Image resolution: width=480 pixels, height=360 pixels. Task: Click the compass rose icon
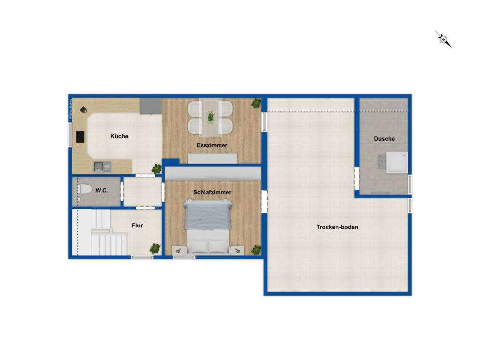pyautogui.click(x=443, y=39)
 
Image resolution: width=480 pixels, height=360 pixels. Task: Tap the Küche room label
pyautogui.click(x=119, y=136)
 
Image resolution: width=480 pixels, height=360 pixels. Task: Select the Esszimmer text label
pyautogui.click(x=212, y=145)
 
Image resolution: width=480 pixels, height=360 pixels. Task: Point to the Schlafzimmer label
pyautogui.click(x=212, y=192)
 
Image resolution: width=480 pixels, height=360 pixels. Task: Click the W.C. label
pyautogui.click(x=102, y=190)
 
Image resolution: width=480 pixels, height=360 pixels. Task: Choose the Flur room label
pyautogui.click(x=137, y=225)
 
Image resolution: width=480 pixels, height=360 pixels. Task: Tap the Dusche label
pyautogui.click(x=384, y=139)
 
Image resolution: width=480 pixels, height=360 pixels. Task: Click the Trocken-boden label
pyautogui.click(x=337, y=227)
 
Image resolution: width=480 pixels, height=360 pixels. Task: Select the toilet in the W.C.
pyautogui.click(x=84, y=189)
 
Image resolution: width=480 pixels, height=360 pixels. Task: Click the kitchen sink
pyautogui.click(x=102, y=166)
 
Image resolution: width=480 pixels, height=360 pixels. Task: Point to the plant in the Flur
pyautogui.click(x=155, y=248)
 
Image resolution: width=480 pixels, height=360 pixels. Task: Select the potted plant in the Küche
pyautogui.click(x=156, y=169)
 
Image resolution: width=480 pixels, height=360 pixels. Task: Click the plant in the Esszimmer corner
pyautogui.click(x=256, y=103)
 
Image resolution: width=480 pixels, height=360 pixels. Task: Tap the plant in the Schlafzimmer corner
pyautogui.click(x=256, y=250)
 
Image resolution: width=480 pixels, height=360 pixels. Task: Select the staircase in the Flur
pyautogui.click(x=101, y=233)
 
